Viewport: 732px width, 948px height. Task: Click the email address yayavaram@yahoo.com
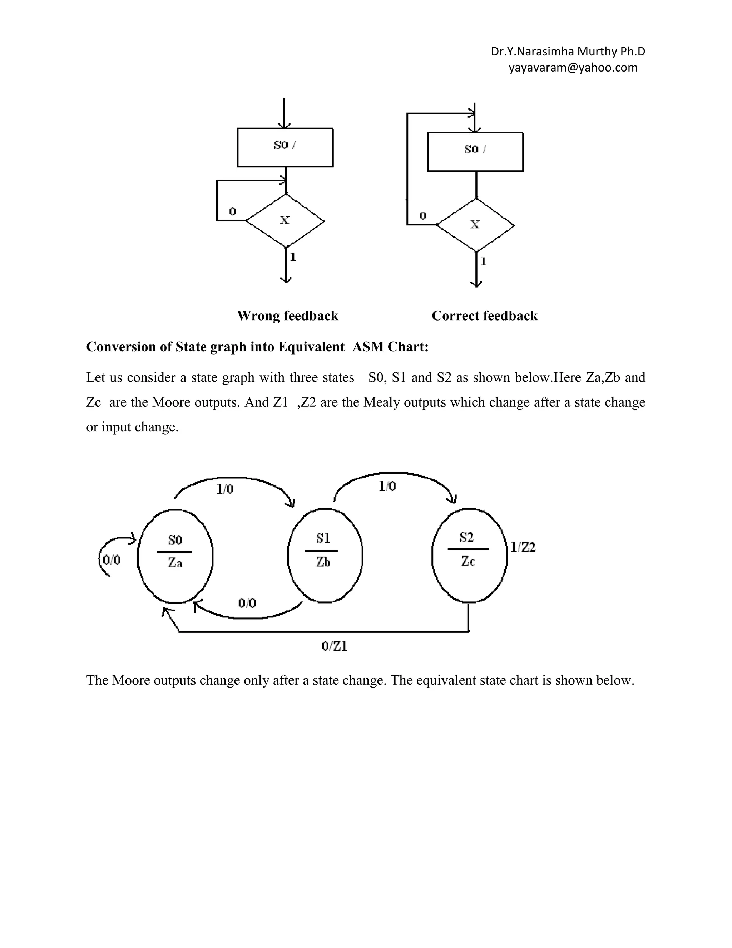click(x=573, y=68)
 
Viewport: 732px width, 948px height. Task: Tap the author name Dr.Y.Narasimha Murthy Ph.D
click(x=568, y=52)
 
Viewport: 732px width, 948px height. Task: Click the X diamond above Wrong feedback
click(x=285, y=220)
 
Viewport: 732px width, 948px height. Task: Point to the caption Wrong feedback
click(x=287, y=316)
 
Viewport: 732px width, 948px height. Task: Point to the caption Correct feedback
click(x=484, y=316)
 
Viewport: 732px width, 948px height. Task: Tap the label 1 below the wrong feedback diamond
click(x=293, y=258)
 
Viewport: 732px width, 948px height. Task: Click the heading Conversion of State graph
click(x=257, y=347)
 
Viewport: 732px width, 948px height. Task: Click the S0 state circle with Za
click(x=175, y=556)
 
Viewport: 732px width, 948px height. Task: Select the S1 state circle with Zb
click(x=325, y=555)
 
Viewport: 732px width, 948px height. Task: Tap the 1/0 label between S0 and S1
click(x=225, y=489)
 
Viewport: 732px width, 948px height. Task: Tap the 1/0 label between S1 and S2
click(x=387, y=487)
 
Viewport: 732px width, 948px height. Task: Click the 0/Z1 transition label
click(x=334, y=646)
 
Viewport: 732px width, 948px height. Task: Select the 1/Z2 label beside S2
click(x=523, y=547)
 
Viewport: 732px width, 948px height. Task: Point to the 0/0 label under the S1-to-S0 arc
click(x=247, y=602)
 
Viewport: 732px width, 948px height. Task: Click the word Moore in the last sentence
click(x=131, y=680)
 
